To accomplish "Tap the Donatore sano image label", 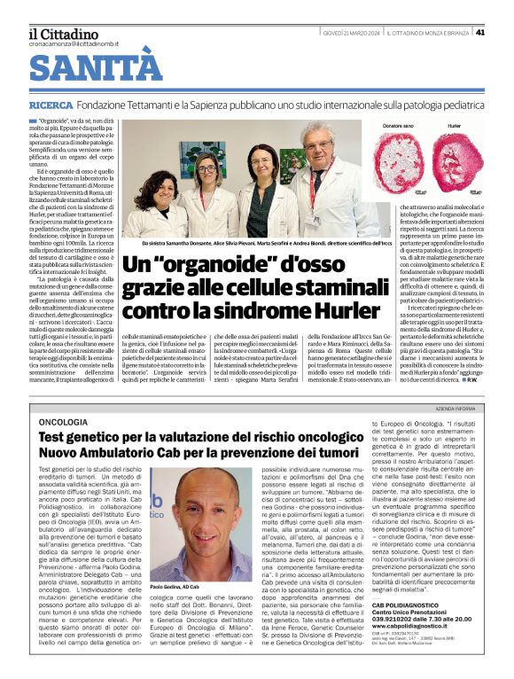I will point(398,127).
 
